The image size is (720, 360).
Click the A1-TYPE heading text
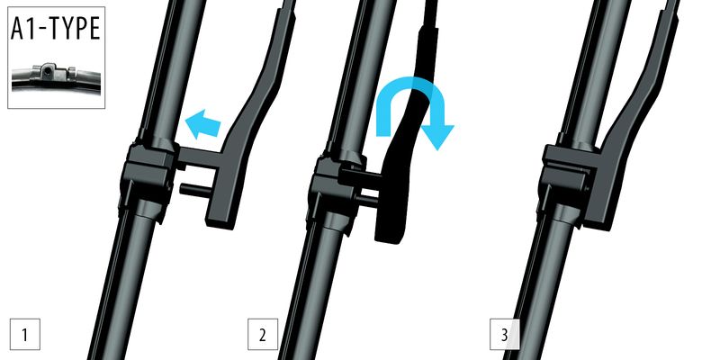56,29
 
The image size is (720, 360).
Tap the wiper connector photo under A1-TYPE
56,76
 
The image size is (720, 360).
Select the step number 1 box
25,334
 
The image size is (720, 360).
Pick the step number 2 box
263,334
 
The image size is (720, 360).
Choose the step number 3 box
505,334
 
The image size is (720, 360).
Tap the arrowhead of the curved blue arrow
436,137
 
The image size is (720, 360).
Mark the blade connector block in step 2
337,184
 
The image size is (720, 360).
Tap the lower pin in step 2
366,199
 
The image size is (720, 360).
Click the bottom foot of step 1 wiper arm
222,216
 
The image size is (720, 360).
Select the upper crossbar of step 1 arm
198,157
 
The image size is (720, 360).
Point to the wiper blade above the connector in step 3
592,69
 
